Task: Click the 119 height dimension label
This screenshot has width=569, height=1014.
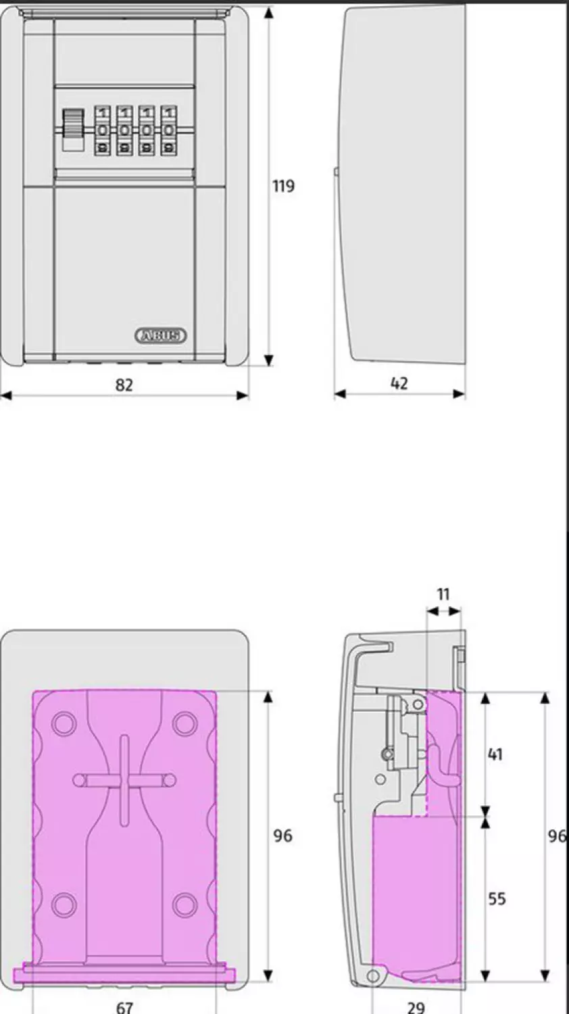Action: click(x=283, y=186)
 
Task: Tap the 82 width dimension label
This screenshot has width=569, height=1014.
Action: click(x=124, y=385)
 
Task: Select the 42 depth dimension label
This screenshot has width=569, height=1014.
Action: click(x=399, y=383)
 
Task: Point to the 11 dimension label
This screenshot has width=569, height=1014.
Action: click(x=443, y=595)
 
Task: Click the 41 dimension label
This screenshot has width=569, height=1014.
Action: click(x=495, y=754)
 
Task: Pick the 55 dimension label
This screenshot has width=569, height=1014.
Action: click(x=497, y=898)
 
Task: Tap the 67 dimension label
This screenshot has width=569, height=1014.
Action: click(x=124, y=1007)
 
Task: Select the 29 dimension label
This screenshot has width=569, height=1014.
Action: click(x=416, y=1007)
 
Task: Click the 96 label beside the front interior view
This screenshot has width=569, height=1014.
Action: click(x=282, y=836)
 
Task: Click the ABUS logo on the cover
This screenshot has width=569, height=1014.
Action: click(x=161, y=335)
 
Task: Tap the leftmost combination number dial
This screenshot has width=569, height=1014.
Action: click(x=102, y=130)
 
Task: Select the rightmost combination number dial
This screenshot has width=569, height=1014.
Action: click(x=168, y=130)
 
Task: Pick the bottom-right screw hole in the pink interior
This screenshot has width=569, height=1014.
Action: click(x=184, y=904)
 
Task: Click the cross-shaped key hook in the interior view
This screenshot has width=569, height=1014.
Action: click(x=124, y=779)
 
